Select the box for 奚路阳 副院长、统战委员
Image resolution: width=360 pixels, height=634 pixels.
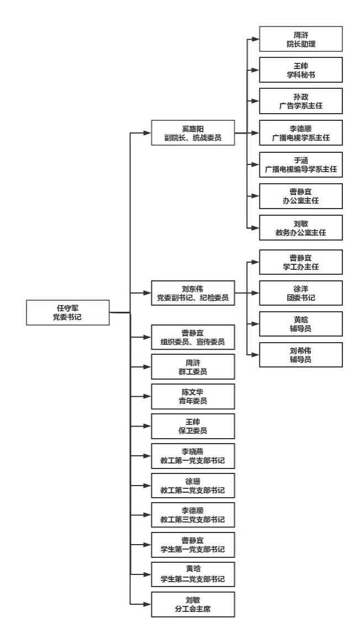coord(193,133)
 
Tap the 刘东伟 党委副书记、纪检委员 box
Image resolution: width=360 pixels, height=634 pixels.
coord(193,292)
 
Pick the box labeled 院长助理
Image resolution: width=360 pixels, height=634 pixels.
coord(300,39)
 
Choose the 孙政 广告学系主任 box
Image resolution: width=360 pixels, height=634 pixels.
coord(300,101)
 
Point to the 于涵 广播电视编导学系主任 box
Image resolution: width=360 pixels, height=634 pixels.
coord(300,165)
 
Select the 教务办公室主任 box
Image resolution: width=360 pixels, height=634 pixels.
coord(300,227)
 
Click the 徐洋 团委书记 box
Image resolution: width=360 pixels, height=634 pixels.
coord(300,293)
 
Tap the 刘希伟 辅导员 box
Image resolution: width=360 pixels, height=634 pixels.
coord(300,355)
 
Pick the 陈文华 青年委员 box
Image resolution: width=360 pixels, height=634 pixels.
coord(193,396)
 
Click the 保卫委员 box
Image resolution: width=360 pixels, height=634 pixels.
coord(193,426)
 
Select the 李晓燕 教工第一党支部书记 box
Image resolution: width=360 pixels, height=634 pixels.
coord(193,456)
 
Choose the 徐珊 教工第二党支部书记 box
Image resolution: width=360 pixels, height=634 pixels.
coord(193,486)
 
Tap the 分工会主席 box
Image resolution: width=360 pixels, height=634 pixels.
coord(193,604)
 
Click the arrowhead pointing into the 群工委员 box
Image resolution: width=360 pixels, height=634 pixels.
coord(147,366)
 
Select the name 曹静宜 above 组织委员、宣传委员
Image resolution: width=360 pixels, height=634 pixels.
coord(193,332)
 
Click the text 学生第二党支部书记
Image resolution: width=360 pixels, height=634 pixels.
coord(193,579)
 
